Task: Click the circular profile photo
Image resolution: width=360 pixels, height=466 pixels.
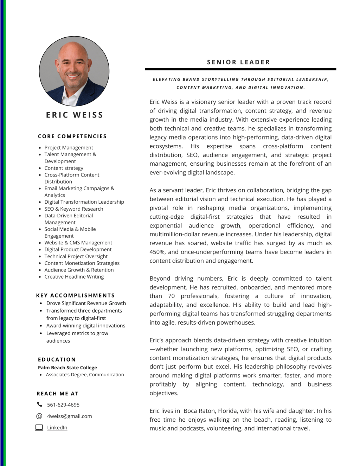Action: (74, 71)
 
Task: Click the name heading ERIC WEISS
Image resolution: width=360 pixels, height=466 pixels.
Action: (75, 115)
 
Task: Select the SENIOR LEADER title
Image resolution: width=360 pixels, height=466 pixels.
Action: (238, 62)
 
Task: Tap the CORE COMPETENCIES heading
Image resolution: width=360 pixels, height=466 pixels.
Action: (72, 136)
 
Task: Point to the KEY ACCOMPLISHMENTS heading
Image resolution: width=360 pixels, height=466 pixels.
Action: (75, 295)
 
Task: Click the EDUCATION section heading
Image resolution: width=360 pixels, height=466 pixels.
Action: (57, 359)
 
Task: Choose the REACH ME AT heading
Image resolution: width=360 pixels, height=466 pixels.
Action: (57, 394)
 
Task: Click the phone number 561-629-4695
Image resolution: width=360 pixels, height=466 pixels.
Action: (63, 405)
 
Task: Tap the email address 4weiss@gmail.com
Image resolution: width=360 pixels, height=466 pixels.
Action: (70, 416)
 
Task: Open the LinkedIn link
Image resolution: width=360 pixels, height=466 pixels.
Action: (57, 428)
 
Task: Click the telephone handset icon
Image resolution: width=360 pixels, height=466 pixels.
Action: (39, 404)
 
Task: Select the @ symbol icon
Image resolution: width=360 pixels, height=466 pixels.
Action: (39, 416)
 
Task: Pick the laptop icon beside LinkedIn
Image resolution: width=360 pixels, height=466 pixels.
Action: (39, 428)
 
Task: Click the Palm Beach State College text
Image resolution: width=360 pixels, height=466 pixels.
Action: (67, 368)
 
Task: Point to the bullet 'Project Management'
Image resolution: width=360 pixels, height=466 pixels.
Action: (69, 148)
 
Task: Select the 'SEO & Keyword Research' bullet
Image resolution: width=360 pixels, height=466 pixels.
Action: (74, 209)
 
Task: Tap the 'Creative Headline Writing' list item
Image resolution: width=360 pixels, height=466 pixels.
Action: (74, 277)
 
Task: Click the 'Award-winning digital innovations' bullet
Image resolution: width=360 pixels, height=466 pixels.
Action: (86, 326)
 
